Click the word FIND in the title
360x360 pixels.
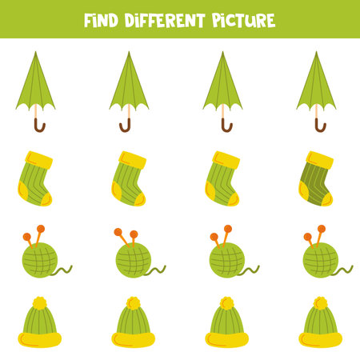pyautogui.click(x=101, y=21)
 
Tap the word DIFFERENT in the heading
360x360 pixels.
pyautogui.click(x=165, y=21)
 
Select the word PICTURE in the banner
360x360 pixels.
pyautogui.click(x=243, y=21)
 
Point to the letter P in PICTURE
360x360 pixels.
pyautogui.click(x=218, y=21)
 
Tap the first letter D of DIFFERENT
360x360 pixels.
pyautogui.click(x=130, y=21)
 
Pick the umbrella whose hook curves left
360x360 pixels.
pyautogui.click(x=129, y=92)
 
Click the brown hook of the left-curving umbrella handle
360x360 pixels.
pyautogui.click(x=125, y=126)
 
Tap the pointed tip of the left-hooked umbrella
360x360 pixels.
pyautogui.click(x=129, y=52)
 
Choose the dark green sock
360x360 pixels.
pyautogui.click(x=316, y=178)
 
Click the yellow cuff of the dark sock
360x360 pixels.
pyautogui.click(x=320, y=160)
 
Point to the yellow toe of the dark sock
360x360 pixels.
pyautogui.click(x=327, y=200)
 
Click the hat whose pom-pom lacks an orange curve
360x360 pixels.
pyautogui.click(x=40, y=322)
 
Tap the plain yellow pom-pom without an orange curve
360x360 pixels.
pyautogui.click(x=40, y=303)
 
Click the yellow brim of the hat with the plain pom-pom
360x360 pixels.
pyautogui.click(x=40, y=340)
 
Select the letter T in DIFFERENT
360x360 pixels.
pyautogui.click(x=200, y=21)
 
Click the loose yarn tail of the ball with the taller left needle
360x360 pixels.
pyautogui.click(x=156, y=271)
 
